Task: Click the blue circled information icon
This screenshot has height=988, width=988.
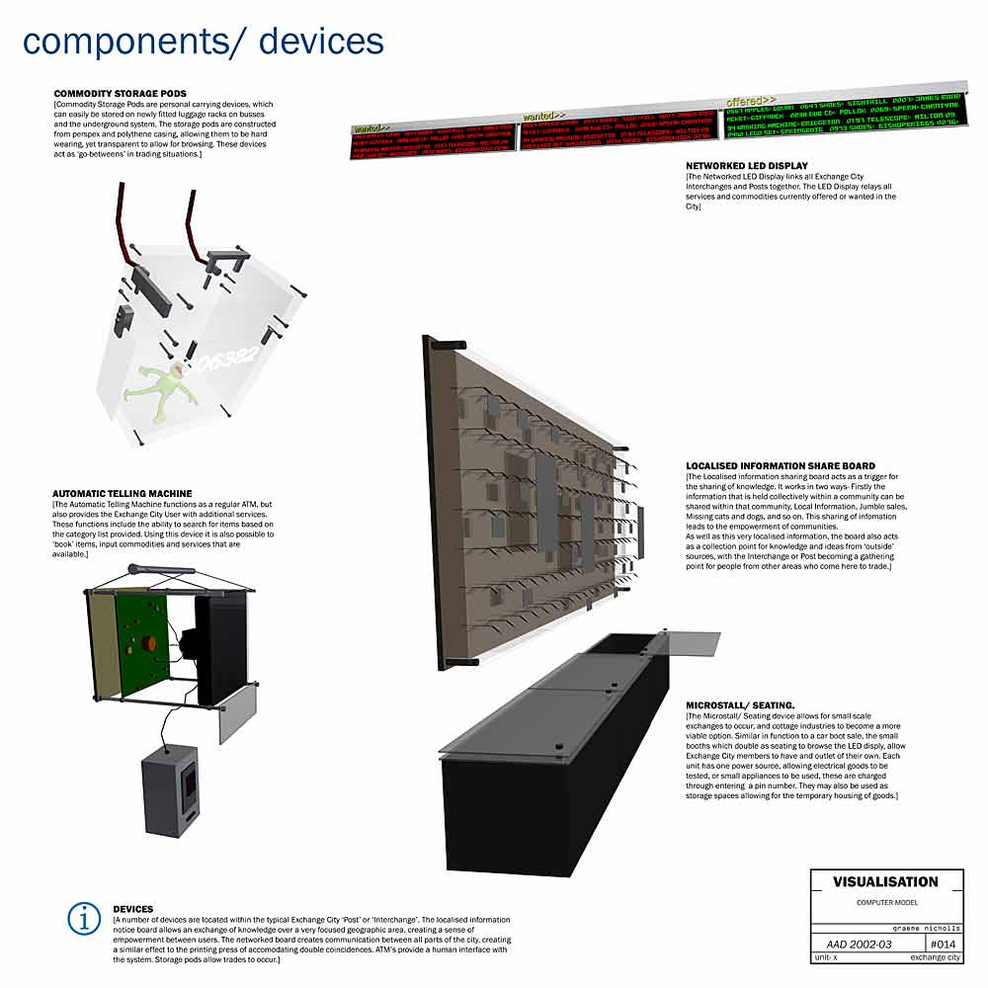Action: [x=85, y=918]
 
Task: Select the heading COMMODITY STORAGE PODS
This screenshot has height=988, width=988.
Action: [x=121, y=94]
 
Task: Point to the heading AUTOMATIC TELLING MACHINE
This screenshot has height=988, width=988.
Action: [x=123, y=493]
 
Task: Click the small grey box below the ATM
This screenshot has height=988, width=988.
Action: [x=171, y=785]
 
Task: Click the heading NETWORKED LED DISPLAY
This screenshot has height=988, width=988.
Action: [x=747, y=166]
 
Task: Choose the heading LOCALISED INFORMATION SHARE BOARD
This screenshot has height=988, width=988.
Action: [x=781, y=465]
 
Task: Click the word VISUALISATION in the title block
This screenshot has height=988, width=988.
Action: [x=885, y=881]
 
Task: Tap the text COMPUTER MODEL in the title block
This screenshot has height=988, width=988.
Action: [x=885, y=903]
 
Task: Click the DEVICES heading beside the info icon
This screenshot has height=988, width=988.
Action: [x=133, y=908]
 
